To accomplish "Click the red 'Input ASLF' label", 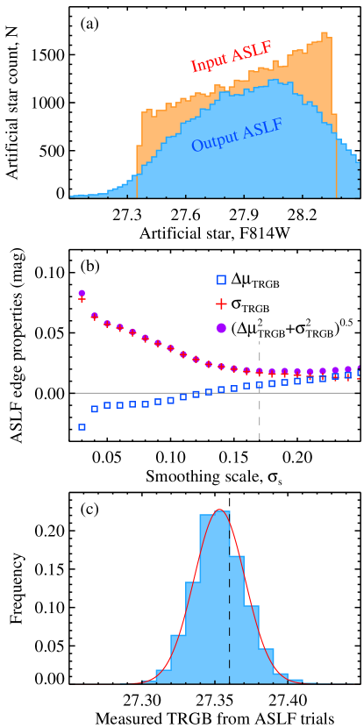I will coord(231,57).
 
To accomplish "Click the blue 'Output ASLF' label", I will coord(237,135).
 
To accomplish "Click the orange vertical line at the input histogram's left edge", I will coord(137,171).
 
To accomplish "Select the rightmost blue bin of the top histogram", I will coord(357,180).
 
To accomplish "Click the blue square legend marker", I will coord(221,280).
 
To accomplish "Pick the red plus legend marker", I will coord(221,303).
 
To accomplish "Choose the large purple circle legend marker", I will coord(221,327).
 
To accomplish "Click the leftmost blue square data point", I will coord(82,427).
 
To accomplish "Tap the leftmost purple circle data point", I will coord(82,293).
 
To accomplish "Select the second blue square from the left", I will coord(95,409).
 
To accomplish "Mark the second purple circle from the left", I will coord(95,316).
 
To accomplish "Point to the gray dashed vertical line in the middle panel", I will coord(260,421).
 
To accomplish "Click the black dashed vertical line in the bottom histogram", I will coord(230,632).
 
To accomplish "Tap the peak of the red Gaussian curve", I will coord(220,510).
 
